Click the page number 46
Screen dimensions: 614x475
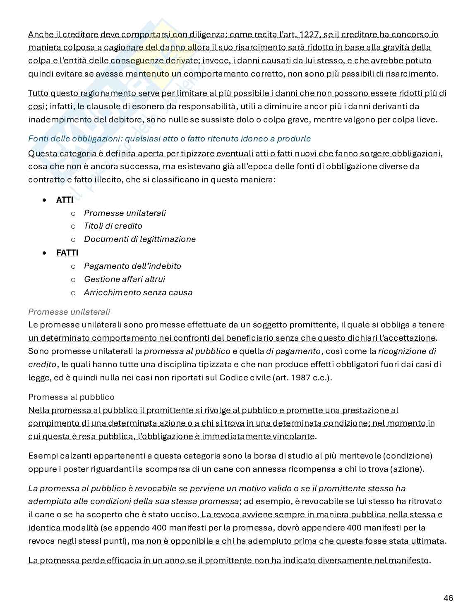[448, 598]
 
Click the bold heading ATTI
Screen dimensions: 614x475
[65, 200]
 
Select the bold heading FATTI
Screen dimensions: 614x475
[67, 253]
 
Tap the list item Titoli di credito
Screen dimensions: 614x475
[113, 226]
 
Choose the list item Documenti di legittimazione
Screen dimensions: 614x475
[140, 239]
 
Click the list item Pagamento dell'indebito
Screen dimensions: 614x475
[132, 266]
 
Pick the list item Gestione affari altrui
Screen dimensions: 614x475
[125, 279]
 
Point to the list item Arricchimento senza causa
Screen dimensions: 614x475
[138, 292]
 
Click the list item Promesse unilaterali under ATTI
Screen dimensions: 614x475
[125, 213]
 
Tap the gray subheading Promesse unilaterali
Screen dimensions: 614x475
[69, 312]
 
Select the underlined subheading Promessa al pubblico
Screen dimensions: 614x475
[71, 397]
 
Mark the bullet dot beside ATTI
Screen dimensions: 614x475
[44, 200]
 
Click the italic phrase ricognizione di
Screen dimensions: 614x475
[407, 351]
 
